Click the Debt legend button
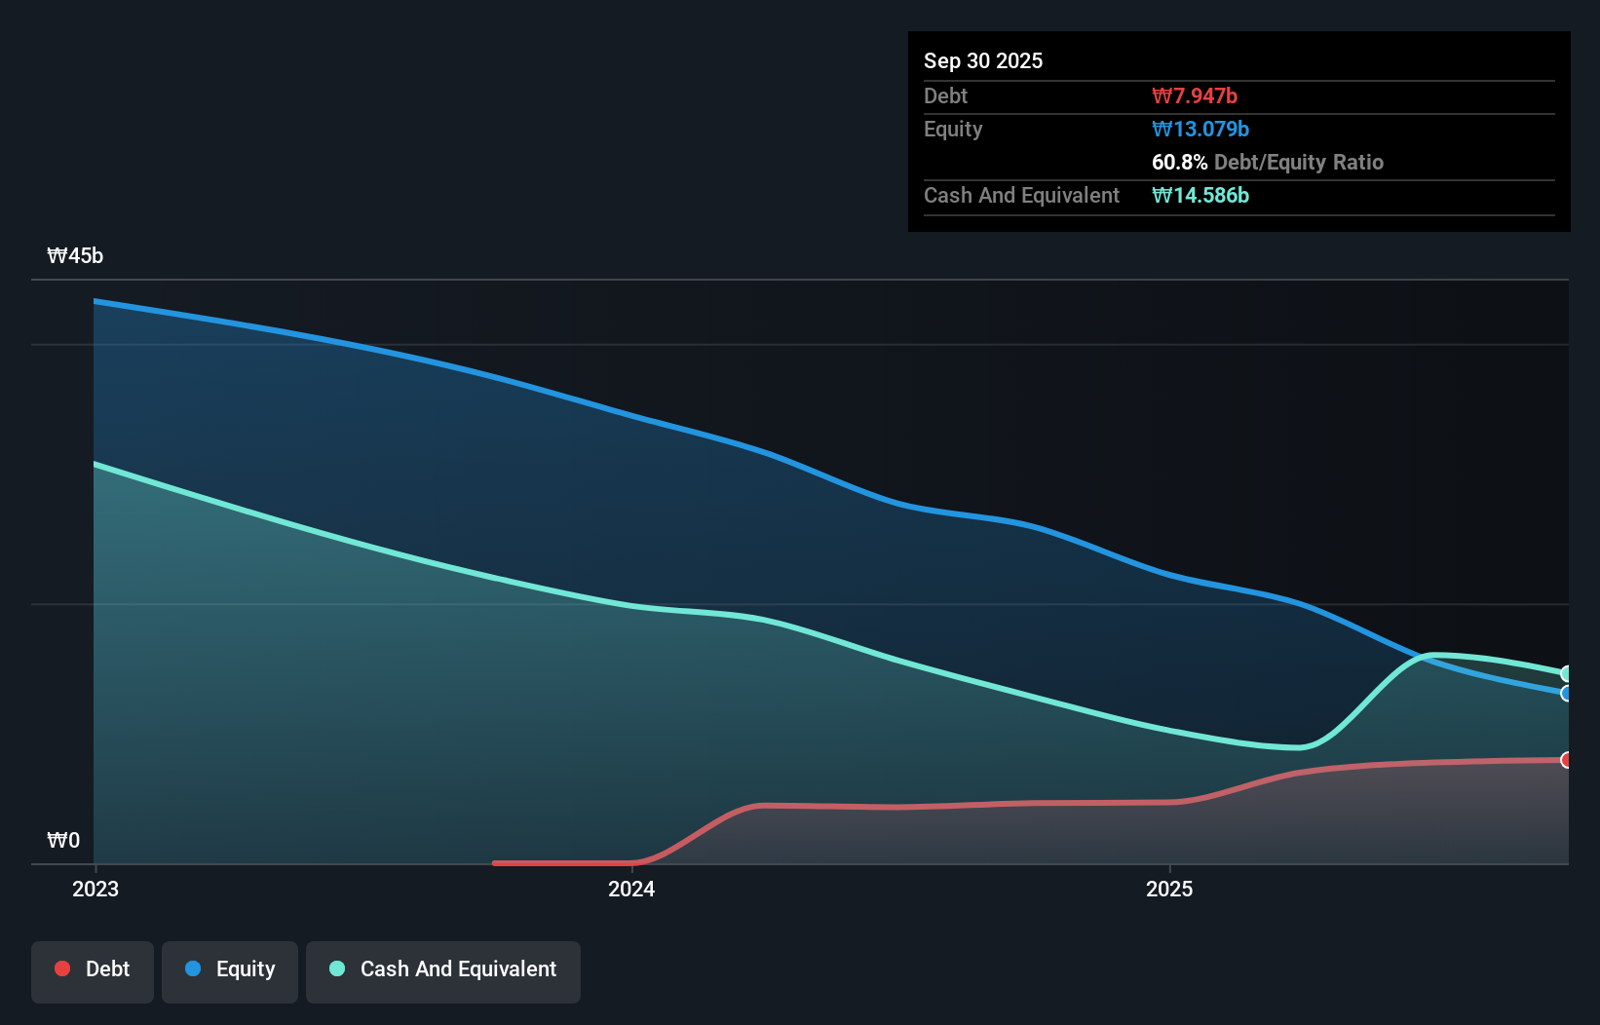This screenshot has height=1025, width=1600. pos(93,970)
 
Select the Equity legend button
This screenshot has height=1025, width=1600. pos(230,970)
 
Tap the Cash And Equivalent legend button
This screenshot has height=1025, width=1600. pos(443,970)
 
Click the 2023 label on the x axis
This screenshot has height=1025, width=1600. pos(95,889)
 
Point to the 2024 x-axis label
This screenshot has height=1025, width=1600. pos(631,889)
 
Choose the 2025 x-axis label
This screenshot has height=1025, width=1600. pos(1169,889)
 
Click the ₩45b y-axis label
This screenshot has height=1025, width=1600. pos(75,255)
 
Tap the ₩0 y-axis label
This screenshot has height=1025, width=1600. pos(63,840)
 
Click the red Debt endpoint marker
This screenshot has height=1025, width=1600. pos(1566,760)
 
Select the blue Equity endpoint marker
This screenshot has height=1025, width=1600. pos(1566,694)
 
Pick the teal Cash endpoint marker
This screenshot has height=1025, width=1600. pos(1566,673)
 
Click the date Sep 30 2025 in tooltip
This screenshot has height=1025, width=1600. pos(982,60)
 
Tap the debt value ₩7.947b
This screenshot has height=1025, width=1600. pos(1194,95)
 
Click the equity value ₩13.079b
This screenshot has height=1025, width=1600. pos(1200,129)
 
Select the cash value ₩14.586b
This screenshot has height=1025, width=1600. pos(1200,195)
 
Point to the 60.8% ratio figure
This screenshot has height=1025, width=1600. pos(1179,162)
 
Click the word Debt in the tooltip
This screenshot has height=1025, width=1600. pos(945,95)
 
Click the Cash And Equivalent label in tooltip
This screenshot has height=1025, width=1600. pos(1021,195)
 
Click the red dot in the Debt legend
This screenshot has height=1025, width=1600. pos(62,968)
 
